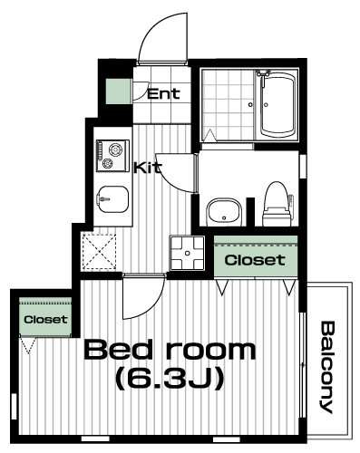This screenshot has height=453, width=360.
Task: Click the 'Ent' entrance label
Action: [x=163, y=94]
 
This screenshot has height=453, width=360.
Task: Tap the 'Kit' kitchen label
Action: [x=148, y=168]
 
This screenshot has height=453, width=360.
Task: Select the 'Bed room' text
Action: [x=170, y=350]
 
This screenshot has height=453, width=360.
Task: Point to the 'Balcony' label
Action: [x=326, y=367]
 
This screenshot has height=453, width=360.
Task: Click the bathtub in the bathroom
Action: [x=277, y=105]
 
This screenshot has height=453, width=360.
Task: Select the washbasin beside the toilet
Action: [x=224, y=212]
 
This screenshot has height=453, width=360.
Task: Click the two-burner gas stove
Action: [x=112, y=156]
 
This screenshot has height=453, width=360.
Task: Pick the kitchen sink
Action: [x=113, y=199]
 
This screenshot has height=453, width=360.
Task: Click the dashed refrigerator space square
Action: [x=100, y=252]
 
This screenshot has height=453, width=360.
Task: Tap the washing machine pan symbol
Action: [x=188, y=253]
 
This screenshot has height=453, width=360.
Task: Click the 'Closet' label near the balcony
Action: [x=255, y=260]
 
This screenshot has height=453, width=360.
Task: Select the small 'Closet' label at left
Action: [x=45, y=320]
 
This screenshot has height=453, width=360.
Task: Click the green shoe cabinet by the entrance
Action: [x=119, y=92]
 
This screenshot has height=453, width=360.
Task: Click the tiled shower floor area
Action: [x=228, y=105]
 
